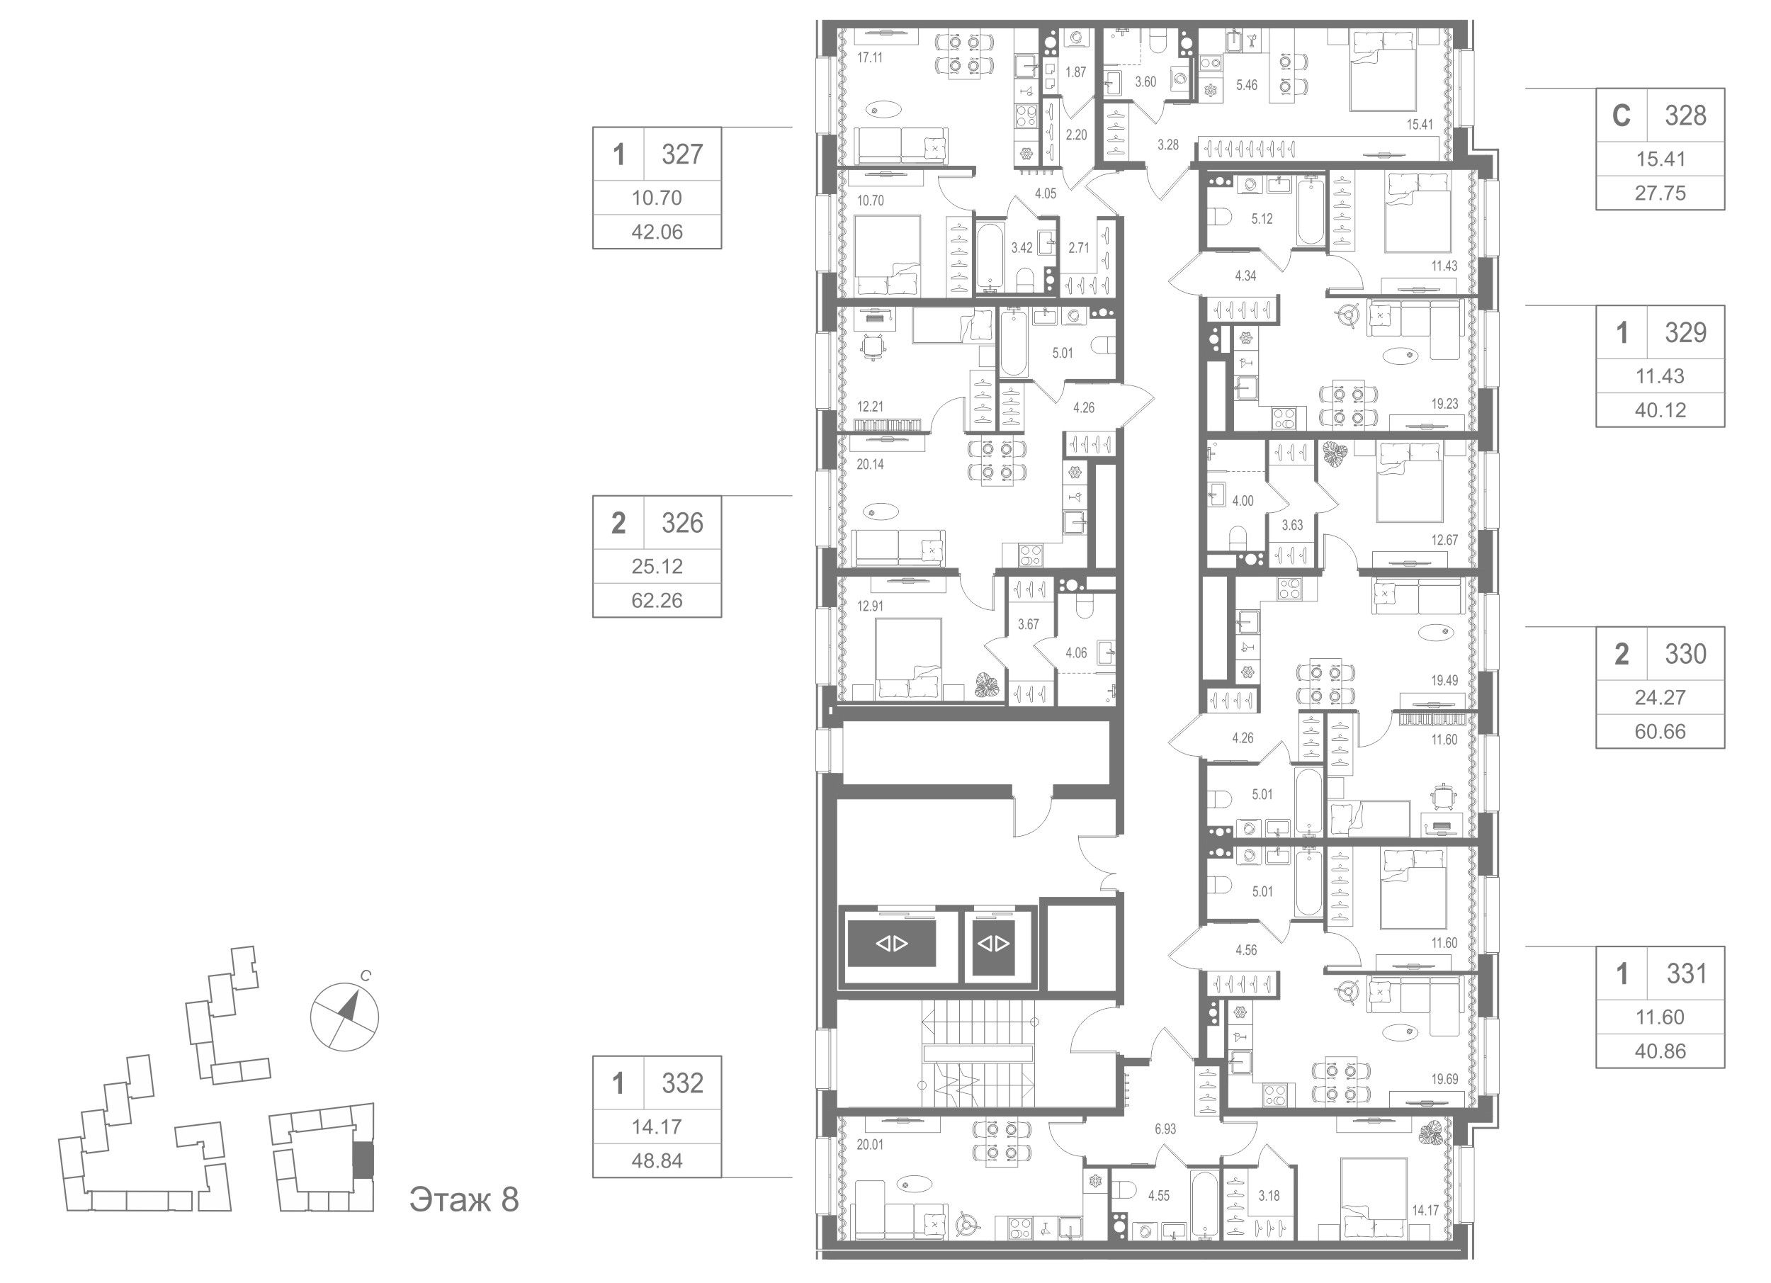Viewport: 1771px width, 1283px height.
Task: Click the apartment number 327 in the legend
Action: pyautogui.click(x=681, y=154)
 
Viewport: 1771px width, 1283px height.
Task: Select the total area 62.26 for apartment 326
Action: pyautogui.click(x=657, y=601)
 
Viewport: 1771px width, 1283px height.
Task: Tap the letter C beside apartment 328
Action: pyautogui.click(x=1621, y=116)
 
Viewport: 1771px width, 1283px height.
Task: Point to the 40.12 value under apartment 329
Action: pyautogui.click(x=1660, y=410)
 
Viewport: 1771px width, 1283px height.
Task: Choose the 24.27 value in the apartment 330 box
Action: pyautogui.click(x=1660, y=697)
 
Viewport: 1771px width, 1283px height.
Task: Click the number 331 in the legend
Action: pyautogui.click(x=1686, y=975)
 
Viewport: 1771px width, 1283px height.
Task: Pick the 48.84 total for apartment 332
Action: pyautogui.click(x=657, y=1161)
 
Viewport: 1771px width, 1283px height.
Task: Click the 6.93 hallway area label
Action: pyautogui.click(x=1165, y=1129)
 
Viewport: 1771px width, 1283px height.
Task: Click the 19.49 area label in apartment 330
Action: pyautogui.click(x=1444, y=680)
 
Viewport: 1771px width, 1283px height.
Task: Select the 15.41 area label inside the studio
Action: pyautogui.click(x=1420, y=145)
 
